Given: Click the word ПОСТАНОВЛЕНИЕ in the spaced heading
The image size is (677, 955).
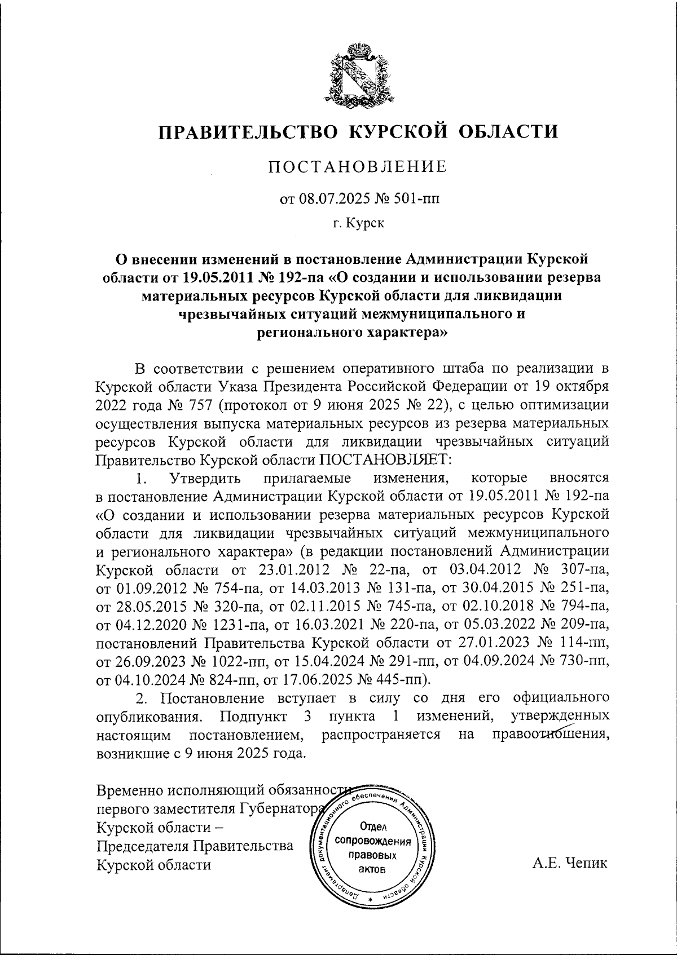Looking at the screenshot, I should click(357, 167).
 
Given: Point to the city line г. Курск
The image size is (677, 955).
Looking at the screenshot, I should click(358, 224).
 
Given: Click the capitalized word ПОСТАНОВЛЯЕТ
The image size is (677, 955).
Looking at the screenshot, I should click(385, 459).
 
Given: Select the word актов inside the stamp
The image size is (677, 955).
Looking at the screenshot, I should click(372, 869).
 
